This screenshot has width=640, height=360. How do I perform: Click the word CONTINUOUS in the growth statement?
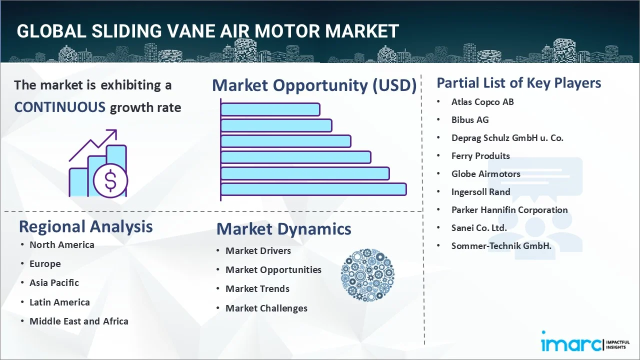pyautogui.click(x=59, y=107)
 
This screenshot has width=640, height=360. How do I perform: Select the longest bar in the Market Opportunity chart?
pyautogui.click(x=313, y=189)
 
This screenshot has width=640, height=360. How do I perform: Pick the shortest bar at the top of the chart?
pyautogui.click(x=270, y=109)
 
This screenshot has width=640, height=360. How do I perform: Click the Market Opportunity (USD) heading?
pyautogui.click(x=314, y=85)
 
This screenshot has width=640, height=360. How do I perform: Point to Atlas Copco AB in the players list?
pyautogui.click(x=482, y=102)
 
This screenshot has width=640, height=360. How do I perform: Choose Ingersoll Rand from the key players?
pyautogui.click(x=480, y=192)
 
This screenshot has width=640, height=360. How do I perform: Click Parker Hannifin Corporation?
pyautogui.click(x=509, y=210)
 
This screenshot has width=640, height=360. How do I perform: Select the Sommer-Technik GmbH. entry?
pyautogui.click(x=501, y=246)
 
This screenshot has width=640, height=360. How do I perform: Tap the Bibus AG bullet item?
pyautogui.click(x=469, y=120)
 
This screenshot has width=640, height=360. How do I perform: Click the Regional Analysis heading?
pyautogui.click(x=85, y=226)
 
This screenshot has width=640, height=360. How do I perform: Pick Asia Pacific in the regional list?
pyautogui.click(x=54, y=283)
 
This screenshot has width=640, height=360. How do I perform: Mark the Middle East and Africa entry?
pyautogui.click(x=78, y=321)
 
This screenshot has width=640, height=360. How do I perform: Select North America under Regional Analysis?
pyautogui.click(x=61, y=245)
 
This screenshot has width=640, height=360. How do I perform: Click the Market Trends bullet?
pyautogui.click(x=257, y=289)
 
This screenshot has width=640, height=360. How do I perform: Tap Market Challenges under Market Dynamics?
pyautogui.click(x=266, y=308)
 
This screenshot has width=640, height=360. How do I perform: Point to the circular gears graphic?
pyautogui.click(x=367, y=275)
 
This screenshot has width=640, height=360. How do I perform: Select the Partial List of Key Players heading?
pyautogui.click(x=518, y=83)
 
